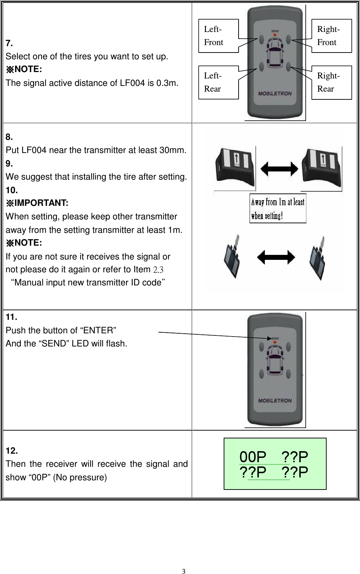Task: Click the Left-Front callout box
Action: tap(218, 36)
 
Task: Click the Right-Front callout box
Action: tap(332, 36)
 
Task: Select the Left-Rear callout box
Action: tap(218, 82)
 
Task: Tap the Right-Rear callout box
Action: tap(332, 82)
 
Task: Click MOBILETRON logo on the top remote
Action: tap(275, 94)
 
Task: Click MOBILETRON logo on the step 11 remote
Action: tap(275, 401)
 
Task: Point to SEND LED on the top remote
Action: tap(275, 35)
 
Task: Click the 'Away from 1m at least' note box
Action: tap(278, 208)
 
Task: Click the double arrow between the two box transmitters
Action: tap(279, 169)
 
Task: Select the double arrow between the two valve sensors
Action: tap(276, 257)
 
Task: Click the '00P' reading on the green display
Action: tap(253, 457)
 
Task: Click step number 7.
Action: tap(9, 44)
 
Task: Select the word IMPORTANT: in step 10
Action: tap(41, 203)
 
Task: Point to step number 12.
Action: tap(11, 451)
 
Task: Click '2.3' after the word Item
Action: tap(158, 270)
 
